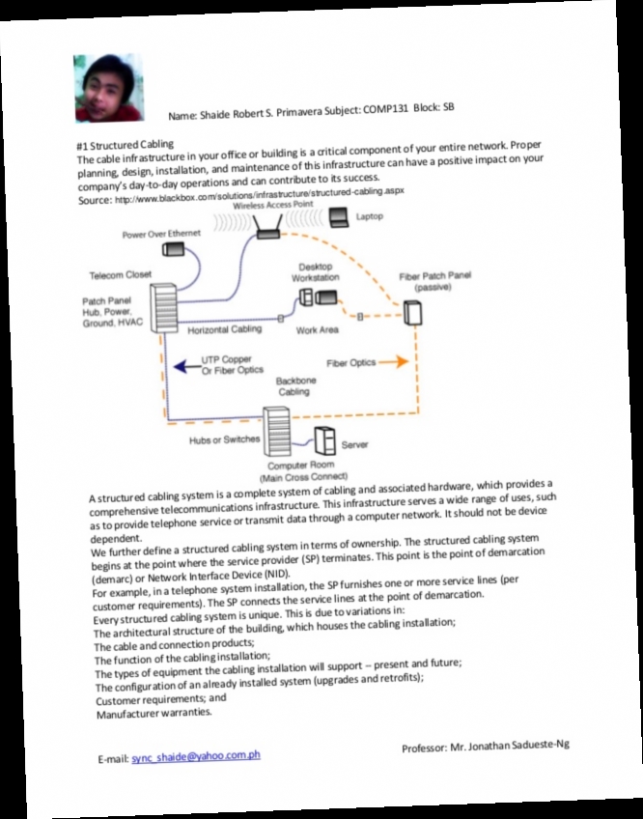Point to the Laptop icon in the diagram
click(339, 217)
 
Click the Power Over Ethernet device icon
click(173, 250)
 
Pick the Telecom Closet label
click(121, 274)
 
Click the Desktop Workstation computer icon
click(316, 297)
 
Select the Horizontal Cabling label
click(224, 330)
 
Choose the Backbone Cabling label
click(294, 387)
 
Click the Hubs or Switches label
click(225, 439)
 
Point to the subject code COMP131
click(386, 109)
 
